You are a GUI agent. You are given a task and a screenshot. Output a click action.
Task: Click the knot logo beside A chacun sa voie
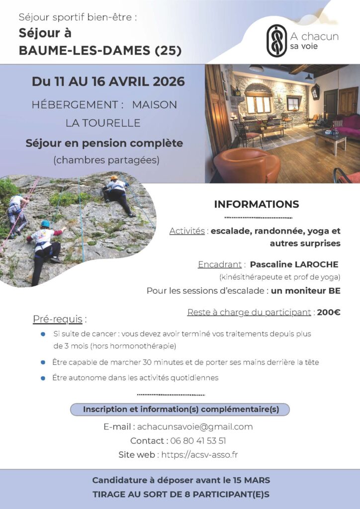click(277, 40)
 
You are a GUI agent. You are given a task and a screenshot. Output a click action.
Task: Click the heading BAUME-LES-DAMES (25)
click(100, 50)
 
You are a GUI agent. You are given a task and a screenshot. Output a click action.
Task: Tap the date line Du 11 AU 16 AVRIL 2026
click(108, 81)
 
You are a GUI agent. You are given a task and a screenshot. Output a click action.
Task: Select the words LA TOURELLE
click(103, 123)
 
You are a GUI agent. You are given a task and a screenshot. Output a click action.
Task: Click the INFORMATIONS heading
click(256, 204)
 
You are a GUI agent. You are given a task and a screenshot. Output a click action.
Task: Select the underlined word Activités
click(187, 231)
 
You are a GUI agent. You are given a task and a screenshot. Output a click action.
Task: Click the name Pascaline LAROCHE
click(294, 264)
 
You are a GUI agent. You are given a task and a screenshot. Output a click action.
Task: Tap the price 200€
click(329, 312)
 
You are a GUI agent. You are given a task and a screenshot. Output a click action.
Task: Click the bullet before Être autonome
click(43, 378)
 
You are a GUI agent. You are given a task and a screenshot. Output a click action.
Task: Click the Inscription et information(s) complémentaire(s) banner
click(180, 409)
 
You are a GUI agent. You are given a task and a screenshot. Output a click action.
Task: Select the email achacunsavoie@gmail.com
click(194, 426)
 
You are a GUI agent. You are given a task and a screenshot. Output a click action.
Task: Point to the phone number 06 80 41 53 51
click(198, 440)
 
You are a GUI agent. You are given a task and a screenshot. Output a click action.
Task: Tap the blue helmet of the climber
click(45, 224)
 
